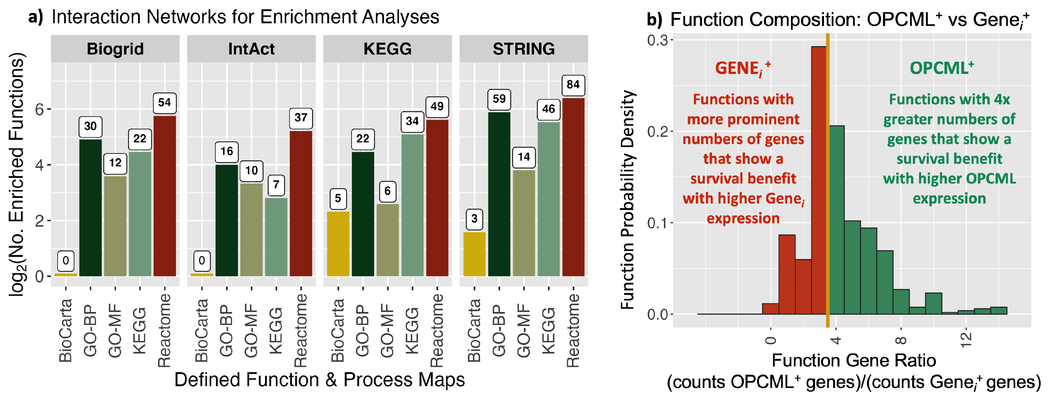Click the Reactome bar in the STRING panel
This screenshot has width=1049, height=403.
tap(573, 187)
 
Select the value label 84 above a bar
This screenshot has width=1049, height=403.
tap(573, 85)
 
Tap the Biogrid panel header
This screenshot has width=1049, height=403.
tap(115, 49)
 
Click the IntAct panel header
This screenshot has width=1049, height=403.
tap(251, 49)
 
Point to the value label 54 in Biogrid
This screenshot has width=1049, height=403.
tap(165, 103)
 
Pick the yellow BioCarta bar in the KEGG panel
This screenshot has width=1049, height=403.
tap(338, 244)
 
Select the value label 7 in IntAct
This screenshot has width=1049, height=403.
tap(276, 185)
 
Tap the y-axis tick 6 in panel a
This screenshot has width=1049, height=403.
tap(40, 109)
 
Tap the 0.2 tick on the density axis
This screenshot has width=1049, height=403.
tap(657, 132)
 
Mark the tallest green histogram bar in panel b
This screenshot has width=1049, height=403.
tap(836, 219)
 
